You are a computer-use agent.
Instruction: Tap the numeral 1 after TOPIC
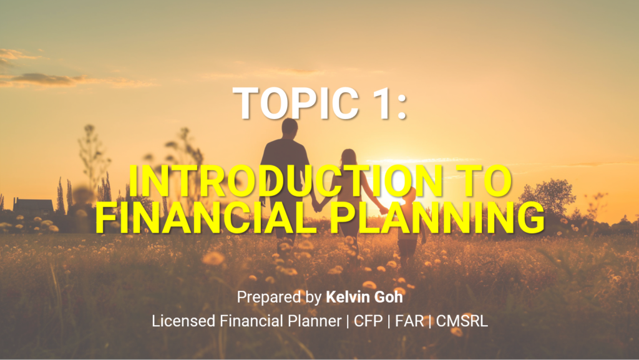(378, 104)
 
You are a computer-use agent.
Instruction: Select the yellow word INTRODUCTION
(286, 182)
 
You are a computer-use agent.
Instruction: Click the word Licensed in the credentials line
(184, 321)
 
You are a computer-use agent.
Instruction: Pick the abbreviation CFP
(368, 321)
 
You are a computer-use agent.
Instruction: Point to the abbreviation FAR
(409, 321)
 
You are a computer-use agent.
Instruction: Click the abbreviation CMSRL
(462, 321)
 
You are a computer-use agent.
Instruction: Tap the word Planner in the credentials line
(315, 321)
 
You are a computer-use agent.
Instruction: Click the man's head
(290, 128)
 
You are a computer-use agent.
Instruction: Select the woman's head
(348, 158)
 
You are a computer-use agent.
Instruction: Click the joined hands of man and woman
(316, 207)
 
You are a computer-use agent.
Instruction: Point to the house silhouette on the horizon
(34, 206)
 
